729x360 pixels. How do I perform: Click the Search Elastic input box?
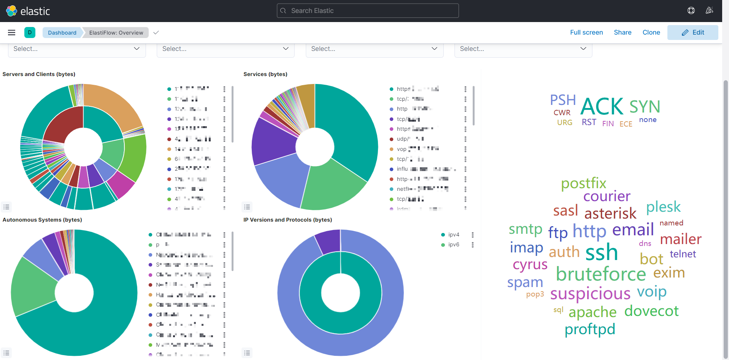point(367,11)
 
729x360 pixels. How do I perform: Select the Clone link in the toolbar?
point(651,32)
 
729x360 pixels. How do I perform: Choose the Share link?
point(623,32)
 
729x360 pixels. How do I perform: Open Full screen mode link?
point(586,32)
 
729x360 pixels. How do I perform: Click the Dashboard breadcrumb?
point(62,33)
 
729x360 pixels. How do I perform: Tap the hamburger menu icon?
point(12,33)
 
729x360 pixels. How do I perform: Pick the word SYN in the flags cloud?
point(645,107)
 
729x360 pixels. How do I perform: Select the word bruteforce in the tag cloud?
point(601,274)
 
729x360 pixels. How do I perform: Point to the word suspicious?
point(590,294)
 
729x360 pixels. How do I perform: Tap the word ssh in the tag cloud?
point(602,252)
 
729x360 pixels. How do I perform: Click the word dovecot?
point(651,311)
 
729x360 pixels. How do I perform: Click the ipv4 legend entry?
point(454,235)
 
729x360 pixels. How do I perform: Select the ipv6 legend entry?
point(454,244)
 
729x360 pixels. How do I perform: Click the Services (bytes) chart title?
point(265,74)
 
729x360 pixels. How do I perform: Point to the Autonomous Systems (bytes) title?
point(42,220)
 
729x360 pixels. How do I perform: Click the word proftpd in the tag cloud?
point(590,329)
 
